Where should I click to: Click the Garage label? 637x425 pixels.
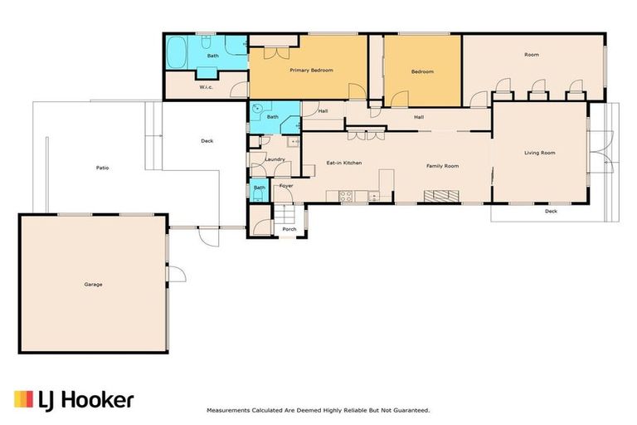pyautogui.click(x=93, y=284)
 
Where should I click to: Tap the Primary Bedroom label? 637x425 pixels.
pyautogui.click(x=311, y=71)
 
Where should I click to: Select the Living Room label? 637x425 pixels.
pyautogui.click(x=539, y=153)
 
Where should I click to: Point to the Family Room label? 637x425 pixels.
pyautogui.click(x=442, y=166)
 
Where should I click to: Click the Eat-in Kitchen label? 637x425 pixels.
pyautogui.click(x=344, y=163)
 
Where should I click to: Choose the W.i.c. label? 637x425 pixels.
pyautogui.click(x=206, y=87)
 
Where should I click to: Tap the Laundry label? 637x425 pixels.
pyautogui.click(x=275, y=159)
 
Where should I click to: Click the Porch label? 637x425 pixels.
pyautogui.click(x=289, y=229)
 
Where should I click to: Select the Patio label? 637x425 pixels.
pyautogui.click(x=102, y=168)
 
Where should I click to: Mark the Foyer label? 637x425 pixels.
pyautogui.click(x=286, y=186)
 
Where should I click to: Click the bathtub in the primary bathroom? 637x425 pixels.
pyautogui.click(x=177, y=52)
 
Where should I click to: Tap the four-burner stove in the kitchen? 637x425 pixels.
pyautogui.click(x=346, y=196)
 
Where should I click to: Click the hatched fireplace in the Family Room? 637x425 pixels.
pyautogui.click(x=441, y=196)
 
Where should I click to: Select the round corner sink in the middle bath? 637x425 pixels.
pyautogui.click(x=256, y=109)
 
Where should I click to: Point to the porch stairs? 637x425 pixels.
pyautogui.click(x=284, y=213)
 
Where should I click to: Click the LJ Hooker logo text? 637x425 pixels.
pyautogui.click(x=85, y=401)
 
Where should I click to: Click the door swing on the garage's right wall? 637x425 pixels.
pyautogui.click(x=177, y=273)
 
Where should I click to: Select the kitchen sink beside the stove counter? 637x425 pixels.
pyautogui.click(x=374, y=197)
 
